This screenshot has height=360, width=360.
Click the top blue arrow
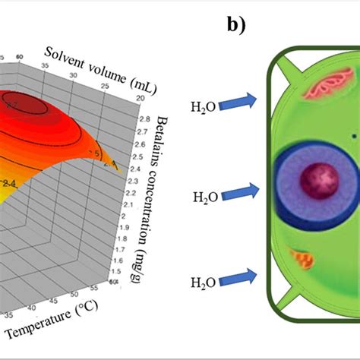242,100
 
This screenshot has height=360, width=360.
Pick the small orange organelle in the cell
304,261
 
